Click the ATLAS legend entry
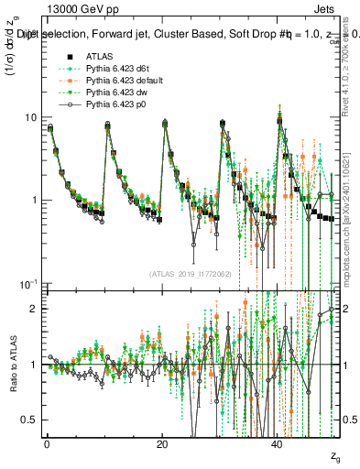pyautogui.click(x=100, y=57)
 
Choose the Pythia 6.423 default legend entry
pyautogui.click(x=122, y=82)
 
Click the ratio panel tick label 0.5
pyautogui.click(x=31, y=420)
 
